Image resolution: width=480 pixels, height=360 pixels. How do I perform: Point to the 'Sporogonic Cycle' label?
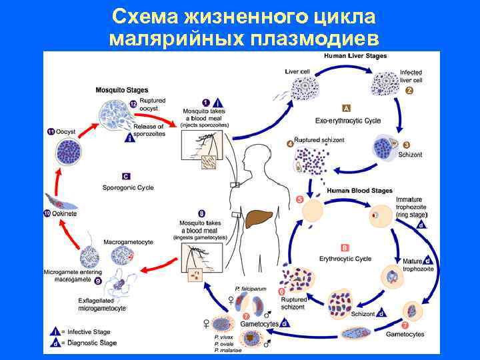click(x=128, y=188)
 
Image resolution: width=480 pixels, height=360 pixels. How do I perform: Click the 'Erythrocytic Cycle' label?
click(x=345, y=258)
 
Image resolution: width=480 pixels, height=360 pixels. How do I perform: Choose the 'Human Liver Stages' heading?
click(x=355, y=56)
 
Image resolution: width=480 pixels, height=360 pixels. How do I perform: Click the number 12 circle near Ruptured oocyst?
click(x=133, y=105)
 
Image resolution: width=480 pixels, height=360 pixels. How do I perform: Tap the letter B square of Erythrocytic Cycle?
click(x=345, y=247)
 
